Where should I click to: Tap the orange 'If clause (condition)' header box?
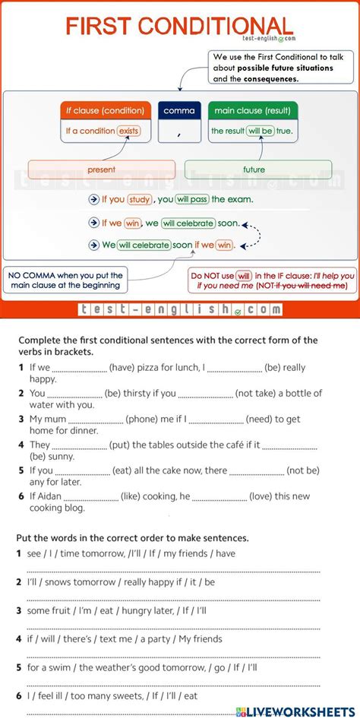[x=106, y=111]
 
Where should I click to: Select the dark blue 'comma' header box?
[x=179, y=111]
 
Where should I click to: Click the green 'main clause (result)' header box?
[x=253, y=111]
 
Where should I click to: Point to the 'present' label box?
[x=101, y=169]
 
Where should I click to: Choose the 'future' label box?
[x=257, y=169]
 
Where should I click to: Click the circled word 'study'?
[x=140, y=200]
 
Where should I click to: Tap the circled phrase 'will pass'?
[x=192, y=200]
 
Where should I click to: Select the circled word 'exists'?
[x=129, y=131]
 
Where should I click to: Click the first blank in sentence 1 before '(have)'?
[x=80, y=369]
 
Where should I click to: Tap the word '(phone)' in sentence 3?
[x=144, y=419]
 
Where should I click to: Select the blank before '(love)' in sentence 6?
[x=219, y=497]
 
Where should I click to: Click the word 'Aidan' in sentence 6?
[x=54, y=496]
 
